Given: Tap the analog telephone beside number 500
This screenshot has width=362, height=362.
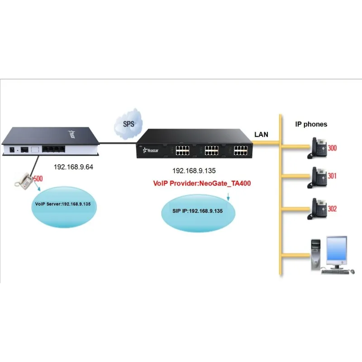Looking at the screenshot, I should coord(25,181).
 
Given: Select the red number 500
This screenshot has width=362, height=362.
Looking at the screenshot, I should coord(38,179).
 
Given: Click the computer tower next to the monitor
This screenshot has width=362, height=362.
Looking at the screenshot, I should coord(316,255).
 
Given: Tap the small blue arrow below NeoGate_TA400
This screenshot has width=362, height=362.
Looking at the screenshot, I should coord(229,197).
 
